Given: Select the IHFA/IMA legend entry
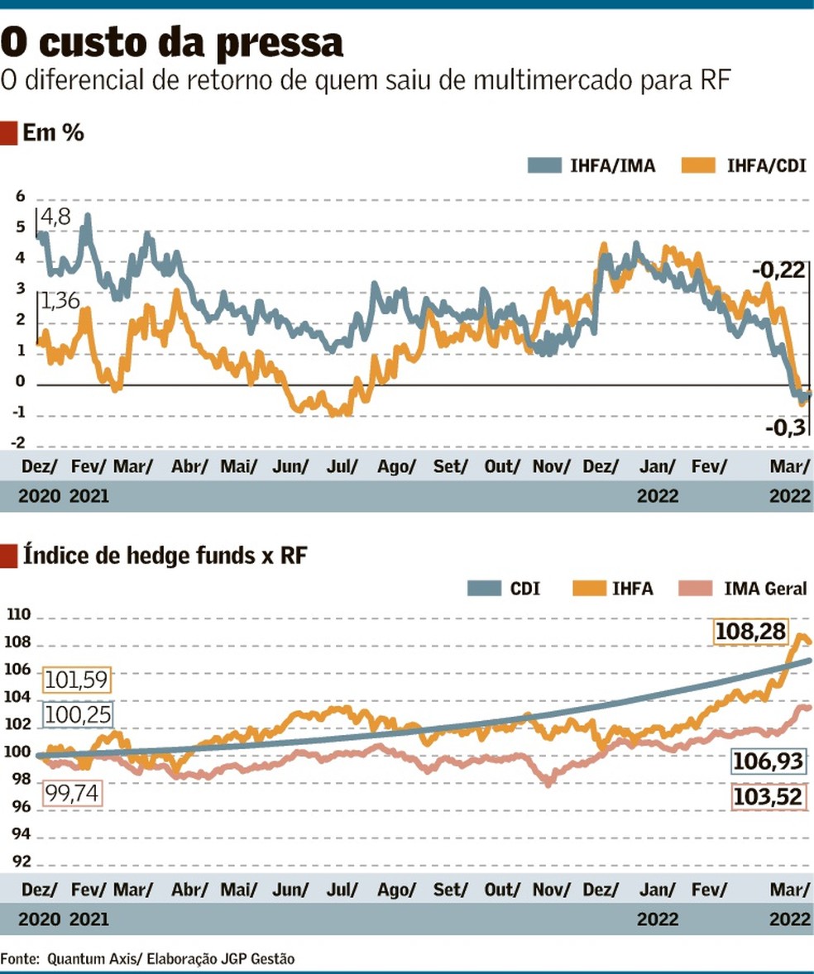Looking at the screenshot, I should click(x=591, y=165).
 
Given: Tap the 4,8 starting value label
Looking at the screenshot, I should click(x=56, y=218).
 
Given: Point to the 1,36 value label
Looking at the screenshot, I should click(x=60, y=302).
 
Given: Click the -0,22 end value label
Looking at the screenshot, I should click(x=778, y=270).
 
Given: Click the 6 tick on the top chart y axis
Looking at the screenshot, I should click(x=21, y=198).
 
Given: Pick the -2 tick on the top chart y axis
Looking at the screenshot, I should click(x=19, y=444).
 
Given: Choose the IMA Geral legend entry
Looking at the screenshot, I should click(x=742, y=589).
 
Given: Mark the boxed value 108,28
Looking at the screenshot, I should click(x=751, y=633).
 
